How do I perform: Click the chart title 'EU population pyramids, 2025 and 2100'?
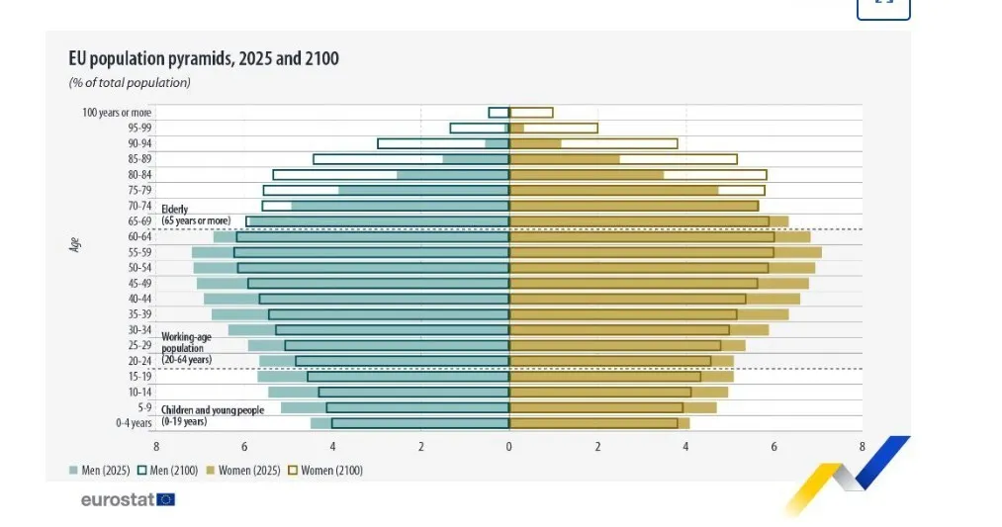(204, 59)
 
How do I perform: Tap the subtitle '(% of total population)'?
(130, 83)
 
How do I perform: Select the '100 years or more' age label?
(116, 113)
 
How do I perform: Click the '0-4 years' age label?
(134, 423)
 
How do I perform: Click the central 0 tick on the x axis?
(509, 447)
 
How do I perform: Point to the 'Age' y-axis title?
(74, 245)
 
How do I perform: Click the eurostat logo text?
(117, 499)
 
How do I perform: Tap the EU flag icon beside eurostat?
(166, 499)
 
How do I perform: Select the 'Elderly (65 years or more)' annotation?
(196, 215)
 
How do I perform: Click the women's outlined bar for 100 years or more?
(531, 113)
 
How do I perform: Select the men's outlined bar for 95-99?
(479, 128)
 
